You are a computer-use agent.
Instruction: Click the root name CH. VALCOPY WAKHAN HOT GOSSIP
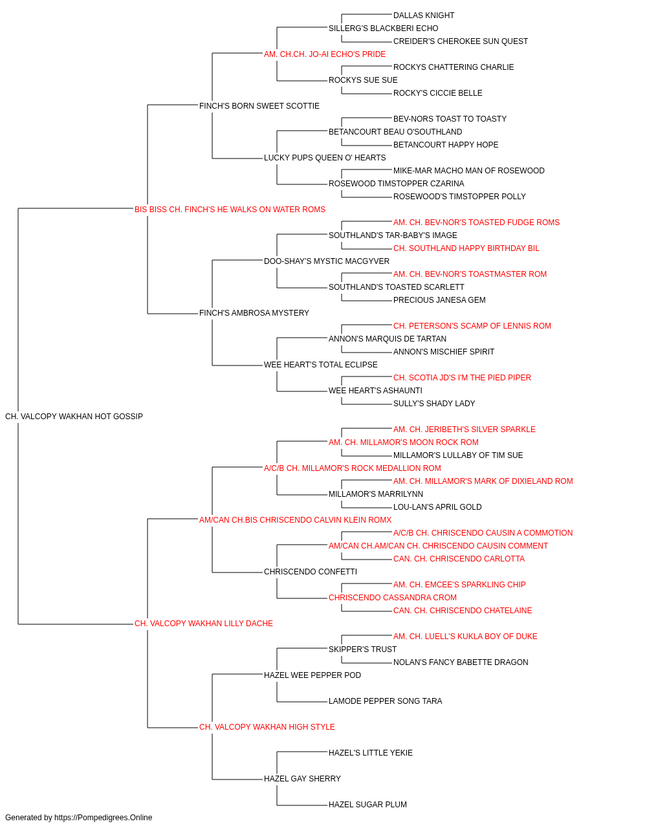[x=74, y=416]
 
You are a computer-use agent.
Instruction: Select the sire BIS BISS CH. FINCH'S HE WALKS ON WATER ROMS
[x=230, y=209]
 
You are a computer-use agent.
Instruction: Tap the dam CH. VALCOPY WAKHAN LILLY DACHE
[x=203, y=624]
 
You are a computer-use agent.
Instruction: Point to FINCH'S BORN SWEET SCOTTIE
[x=259, y=106]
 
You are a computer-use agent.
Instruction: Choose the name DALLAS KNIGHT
[x=424, y=16]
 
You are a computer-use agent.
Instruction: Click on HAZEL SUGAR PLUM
[x=367, y=804]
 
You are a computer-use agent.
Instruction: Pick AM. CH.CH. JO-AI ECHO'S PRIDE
[x=325, y=54]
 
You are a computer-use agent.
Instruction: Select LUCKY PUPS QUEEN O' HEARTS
[x=325, y=158]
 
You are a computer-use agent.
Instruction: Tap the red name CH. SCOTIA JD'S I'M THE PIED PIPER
[x=462, y=378]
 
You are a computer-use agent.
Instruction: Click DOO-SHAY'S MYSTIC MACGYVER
[x=327, y=261]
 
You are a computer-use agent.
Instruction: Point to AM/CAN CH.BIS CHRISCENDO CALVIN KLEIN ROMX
[x=295, y=519]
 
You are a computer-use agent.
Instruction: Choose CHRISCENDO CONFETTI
[x=311, y=572]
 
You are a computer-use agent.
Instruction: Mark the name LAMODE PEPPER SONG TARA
[x=385, y=701]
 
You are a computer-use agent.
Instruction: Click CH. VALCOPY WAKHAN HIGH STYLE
[x=267, y=727]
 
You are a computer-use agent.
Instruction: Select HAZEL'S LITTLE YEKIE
[x=370, y=752]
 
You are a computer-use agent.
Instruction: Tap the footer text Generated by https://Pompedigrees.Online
[x=78, y=818]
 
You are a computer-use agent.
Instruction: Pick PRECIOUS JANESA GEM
[x=439, y=300]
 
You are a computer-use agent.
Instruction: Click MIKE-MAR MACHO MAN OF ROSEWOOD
[x=468, y=171]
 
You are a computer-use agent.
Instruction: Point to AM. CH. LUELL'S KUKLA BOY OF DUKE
[x=465, y=637]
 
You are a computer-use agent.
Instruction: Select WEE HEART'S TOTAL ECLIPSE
[x=320, y=365]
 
